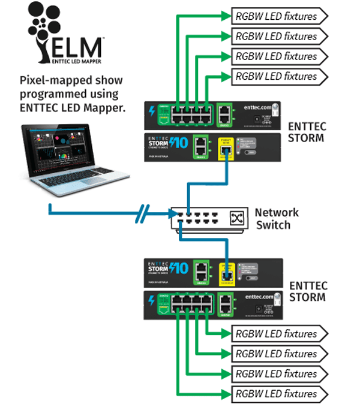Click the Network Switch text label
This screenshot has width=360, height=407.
(277, 219)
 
